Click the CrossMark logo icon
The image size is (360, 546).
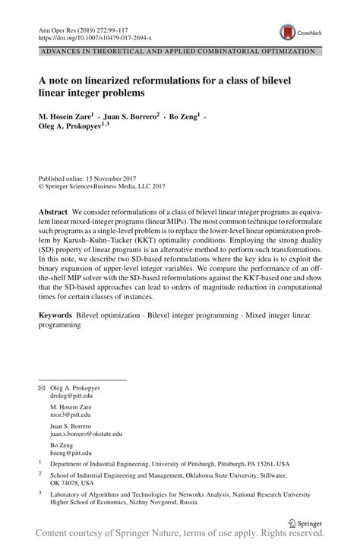tap(288, 32)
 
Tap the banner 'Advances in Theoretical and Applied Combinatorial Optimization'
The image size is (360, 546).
tap(178, 52)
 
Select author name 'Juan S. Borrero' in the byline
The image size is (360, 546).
tap(130, 118)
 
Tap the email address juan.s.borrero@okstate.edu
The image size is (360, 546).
tap(86, 434)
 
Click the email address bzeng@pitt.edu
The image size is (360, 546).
tap(70, 453)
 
